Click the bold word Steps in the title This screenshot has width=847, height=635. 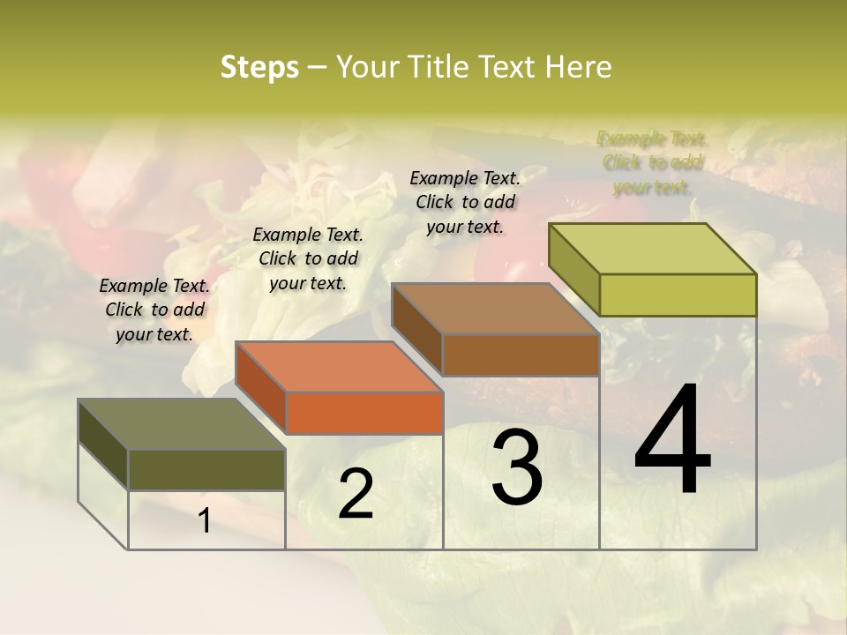point(259,67)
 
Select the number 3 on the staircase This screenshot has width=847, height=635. point(517,467)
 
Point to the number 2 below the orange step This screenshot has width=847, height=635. point(356,495)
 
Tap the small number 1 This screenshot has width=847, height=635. point(205,521)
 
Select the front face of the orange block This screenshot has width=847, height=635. point(364,413)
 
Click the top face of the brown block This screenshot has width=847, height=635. point(495,308)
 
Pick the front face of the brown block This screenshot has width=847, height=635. point(521,355)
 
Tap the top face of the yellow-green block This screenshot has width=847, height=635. point(653,248)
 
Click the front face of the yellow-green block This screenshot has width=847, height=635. point(678,295)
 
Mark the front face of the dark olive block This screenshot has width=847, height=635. point(206,470)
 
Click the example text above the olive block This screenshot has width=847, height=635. point(154,310)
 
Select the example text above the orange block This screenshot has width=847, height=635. point(308,258)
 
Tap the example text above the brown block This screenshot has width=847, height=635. point(465,202)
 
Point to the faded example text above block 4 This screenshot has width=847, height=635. point(652,162)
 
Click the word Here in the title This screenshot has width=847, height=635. point(579,67)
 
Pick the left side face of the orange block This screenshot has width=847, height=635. point(261,388)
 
